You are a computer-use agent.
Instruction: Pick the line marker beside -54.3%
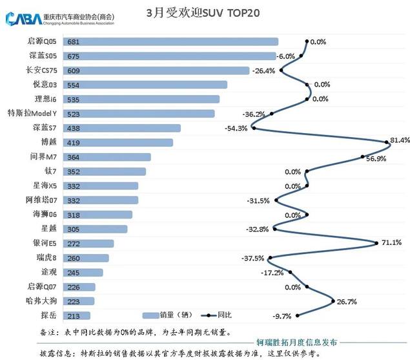[254, 128]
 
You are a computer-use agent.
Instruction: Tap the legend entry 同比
[223, 315]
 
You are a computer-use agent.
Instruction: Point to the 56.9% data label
[376, 158]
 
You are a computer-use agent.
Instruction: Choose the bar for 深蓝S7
[132, 128]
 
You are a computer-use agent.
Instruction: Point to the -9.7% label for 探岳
[283, 316]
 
